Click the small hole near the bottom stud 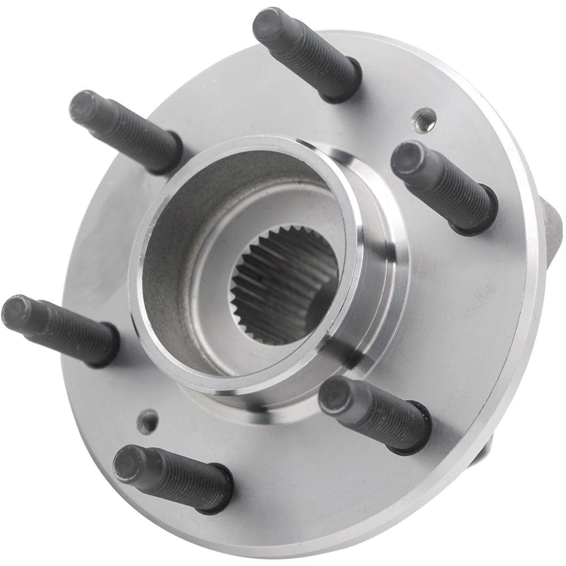pos(148,420)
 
